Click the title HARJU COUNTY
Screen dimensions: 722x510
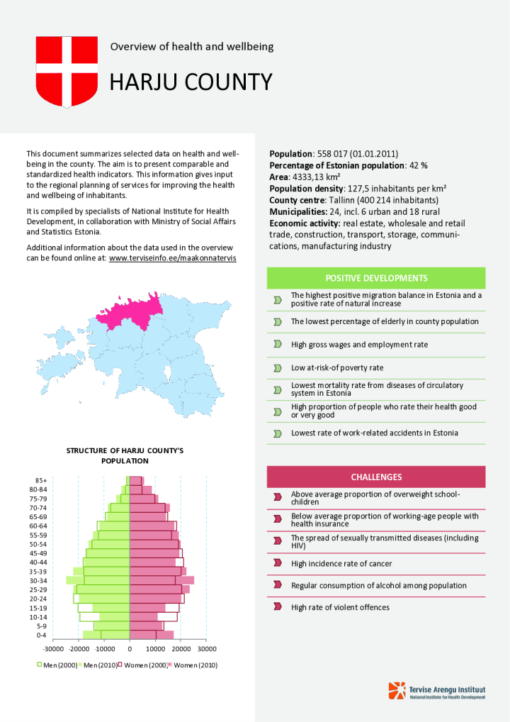pos(191,82)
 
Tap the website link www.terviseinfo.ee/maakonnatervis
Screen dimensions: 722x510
pos(172,258)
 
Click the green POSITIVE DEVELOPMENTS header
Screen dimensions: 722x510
pos(376,278)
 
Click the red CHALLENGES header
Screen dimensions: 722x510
pos(376,477)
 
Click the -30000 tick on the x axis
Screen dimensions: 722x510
pos(53,648)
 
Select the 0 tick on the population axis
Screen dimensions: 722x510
pos(130,648)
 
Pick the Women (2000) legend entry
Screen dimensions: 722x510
pos(144,665)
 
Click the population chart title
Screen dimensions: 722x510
pos(125,455)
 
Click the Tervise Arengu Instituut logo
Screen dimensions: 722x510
pos(436,691)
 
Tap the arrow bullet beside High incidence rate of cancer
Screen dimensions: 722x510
pos(278,563)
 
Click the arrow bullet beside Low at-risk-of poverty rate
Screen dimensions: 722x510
pos(278,367)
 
